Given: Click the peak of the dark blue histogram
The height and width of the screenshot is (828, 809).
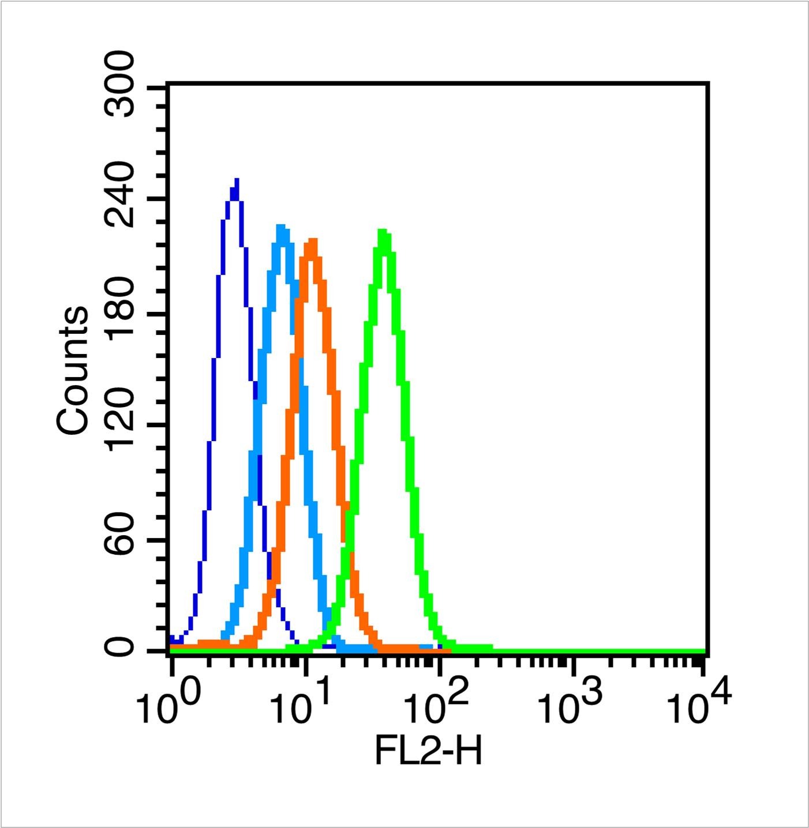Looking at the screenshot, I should (x=236, y=180).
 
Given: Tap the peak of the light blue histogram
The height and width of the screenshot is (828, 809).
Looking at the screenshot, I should (x=281, y=227).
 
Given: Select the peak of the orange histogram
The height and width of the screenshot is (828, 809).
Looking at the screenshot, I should (x=312, y=240).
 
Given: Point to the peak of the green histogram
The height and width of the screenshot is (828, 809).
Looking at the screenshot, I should (x=382, y=232).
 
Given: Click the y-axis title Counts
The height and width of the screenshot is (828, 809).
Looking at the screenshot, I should (x=73, y=371).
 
